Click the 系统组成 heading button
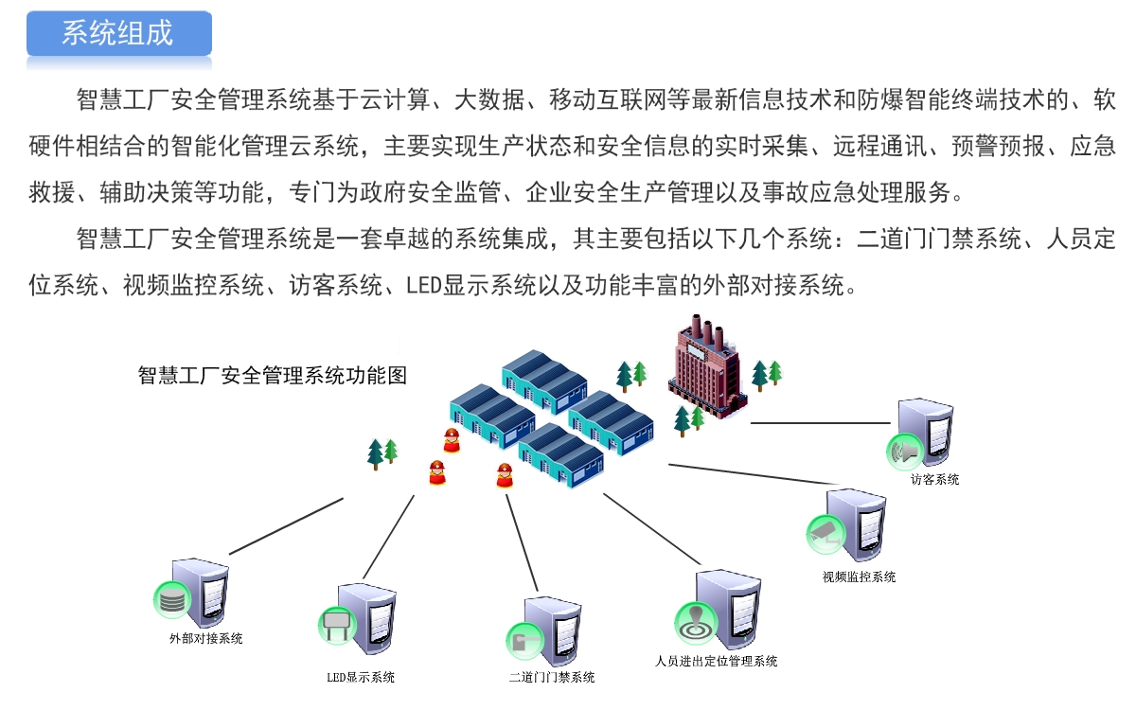118,34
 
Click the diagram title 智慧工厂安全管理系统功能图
272,375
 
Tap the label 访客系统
934,480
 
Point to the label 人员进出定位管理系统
716,661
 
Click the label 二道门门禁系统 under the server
552,677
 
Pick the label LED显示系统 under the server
361,677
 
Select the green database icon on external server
171,599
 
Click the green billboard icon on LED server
335,625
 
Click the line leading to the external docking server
285,526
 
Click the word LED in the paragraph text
420,284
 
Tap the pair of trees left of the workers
382,453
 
